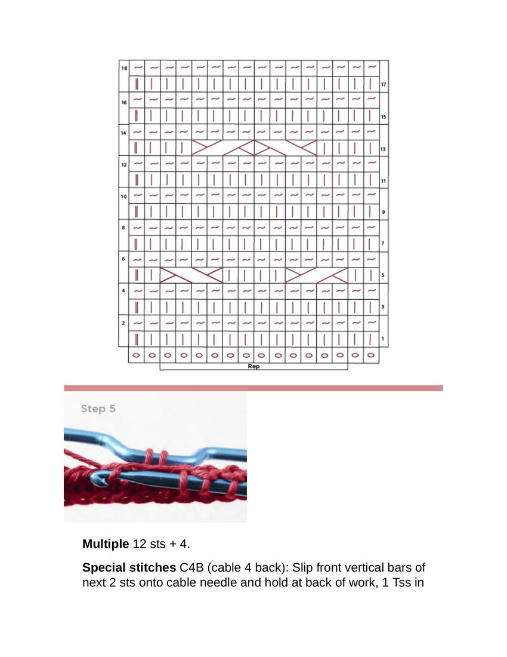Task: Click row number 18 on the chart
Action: [x=124, y=69]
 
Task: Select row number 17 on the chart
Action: [x=384, y=84]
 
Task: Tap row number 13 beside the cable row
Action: [x=384, y=149]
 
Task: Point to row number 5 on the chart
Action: [x=384, y=275]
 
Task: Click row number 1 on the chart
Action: [x=384, y=339]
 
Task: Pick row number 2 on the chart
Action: [x=123, y=323]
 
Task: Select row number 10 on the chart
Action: [x=123, y=197]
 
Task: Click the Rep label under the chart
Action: [x=253, y=366]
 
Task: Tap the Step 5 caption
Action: [x=98, y=409]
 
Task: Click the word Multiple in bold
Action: [x=106, y=544]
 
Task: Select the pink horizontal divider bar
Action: [x=253, y=388]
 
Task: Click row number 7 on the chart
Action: [x=384, y=244]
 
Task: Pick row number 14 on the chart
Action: [x=123, y=133]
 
